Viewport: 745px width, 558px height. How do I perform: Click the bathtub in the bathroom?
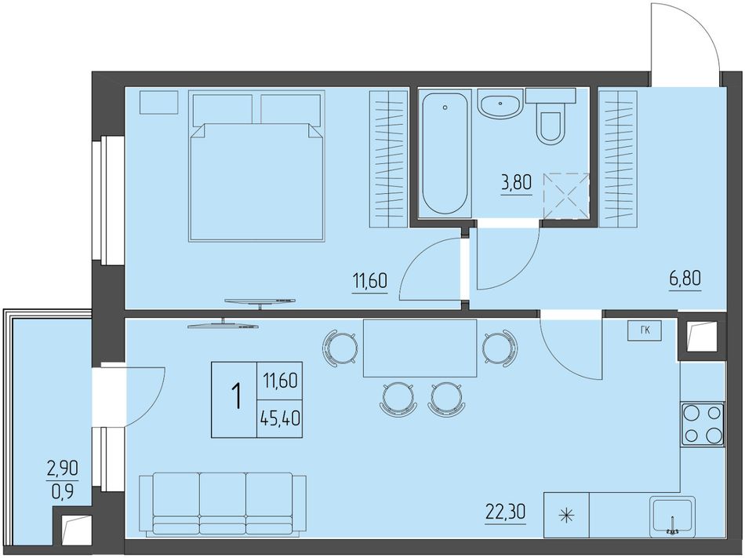tap(445, 153)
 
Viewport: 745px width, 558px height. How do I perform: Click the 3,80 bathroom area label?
tap(516, 183)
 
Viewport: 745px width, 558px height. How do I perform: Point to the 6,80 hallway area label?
tap(685, 278)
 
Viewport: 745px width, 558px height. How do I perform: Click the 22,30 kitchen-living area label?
tap(506, 512)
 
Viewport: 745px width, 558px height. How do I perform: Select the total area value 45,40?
tap(280, 419)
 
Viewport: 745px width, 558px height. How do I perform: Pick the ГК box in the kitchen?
tap(645, 331)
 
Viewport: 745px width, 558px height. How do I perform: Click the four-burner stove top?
tap(703, 424)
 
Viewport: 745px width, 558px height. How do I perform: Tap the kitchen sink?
tap(672, 515)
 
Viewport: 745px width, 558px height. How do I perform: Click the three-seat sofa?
tap(223, 505)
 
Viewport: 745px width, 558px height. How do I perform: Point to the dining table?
tap(420, 348)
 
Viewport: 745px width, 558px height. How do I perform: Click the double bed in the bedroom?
tap(256, 166)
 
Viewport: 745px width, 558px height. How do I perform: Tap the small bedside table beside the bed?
tap(158, 102)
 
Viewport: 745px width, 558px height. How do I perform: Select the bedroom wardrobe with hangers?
tap(389, 159)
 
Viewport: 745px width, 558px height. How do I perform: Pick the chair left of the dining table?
tap(340, 348)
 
